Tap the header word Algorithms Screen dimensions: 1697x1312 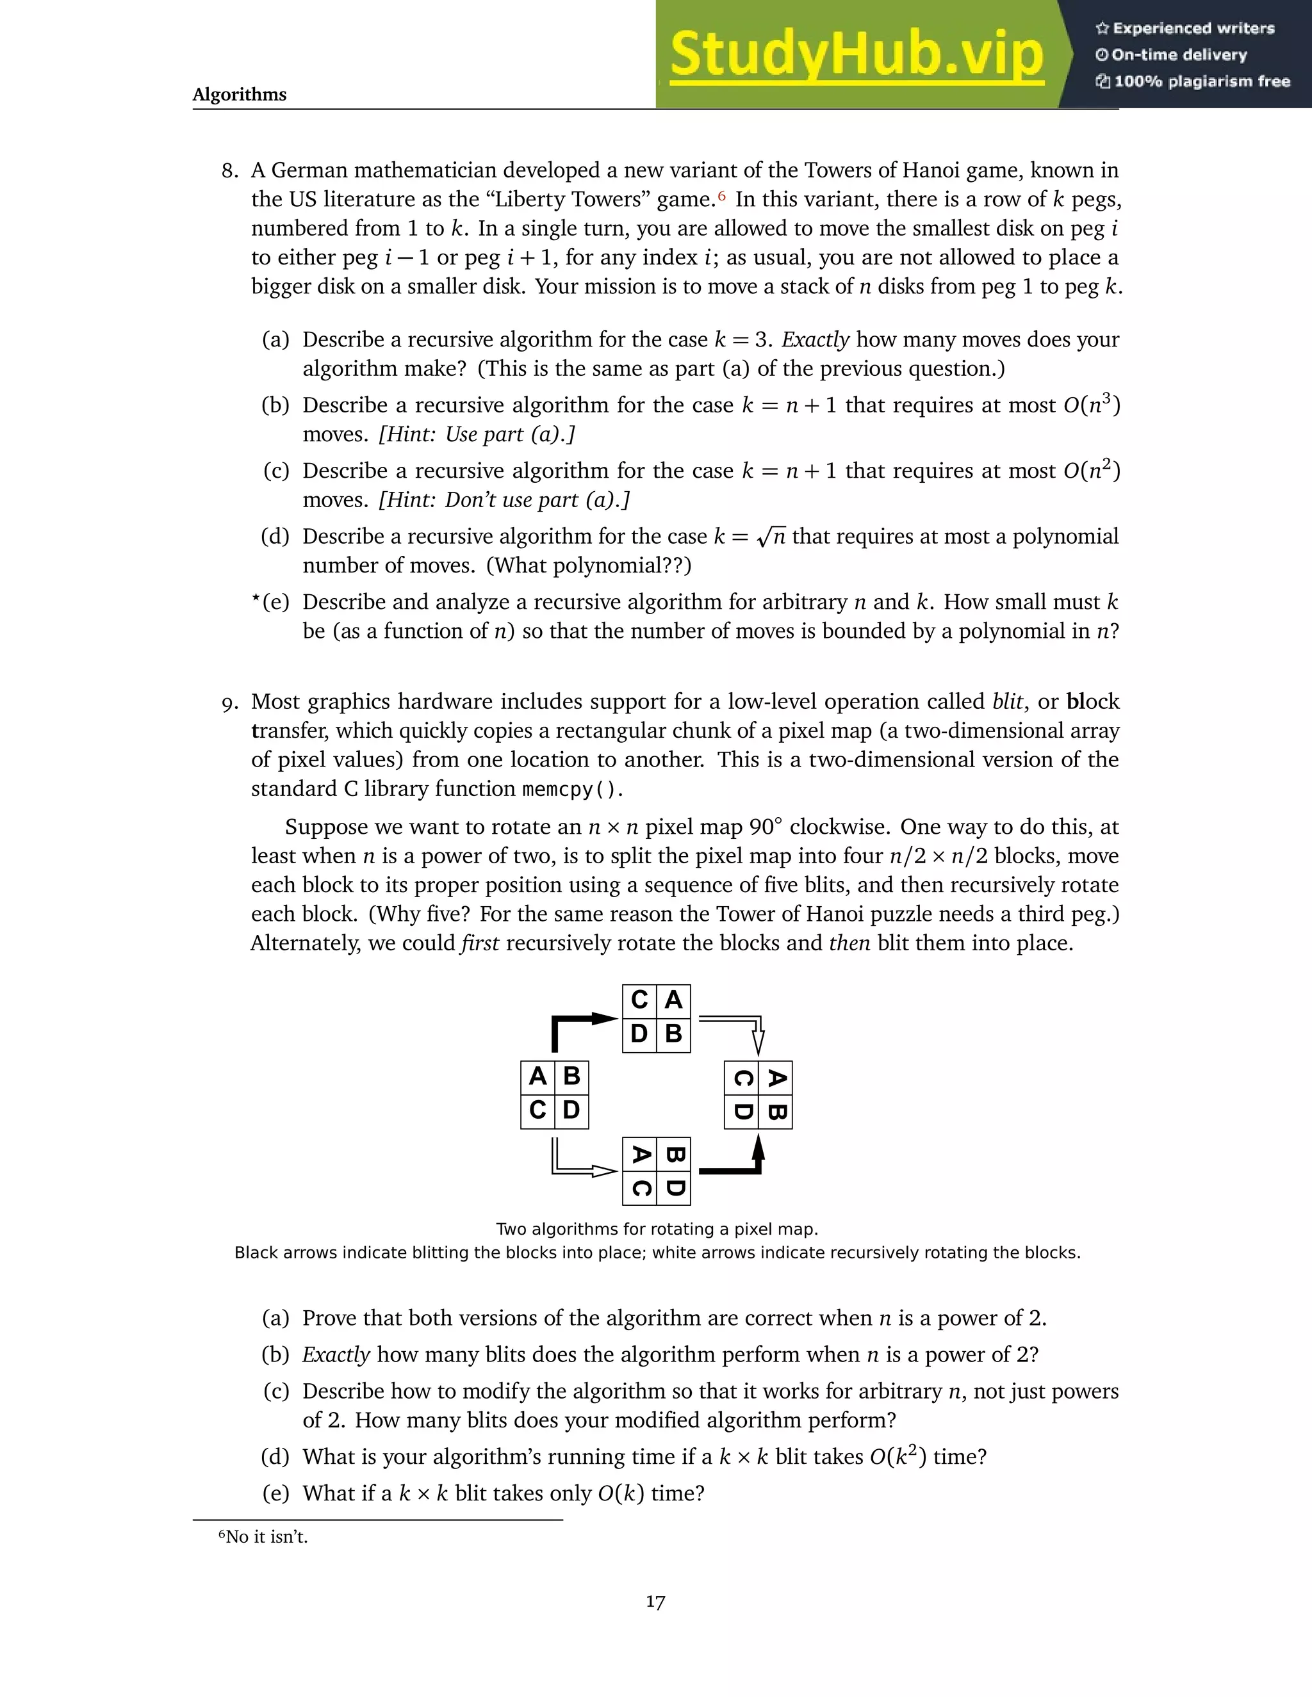(x=240, y=95)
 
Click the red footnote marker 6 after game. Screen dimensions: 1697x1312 (x=721, y=195)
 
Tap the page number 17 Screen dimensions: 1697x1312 (x=655, y=1602)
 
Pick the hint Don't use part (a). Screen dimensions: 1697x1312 (x=504, y=499)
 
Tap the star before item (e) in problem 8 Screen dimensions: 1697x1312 (x=255, y=599)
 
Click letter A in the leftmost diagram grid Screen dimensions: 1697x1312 (x=537, y=1076)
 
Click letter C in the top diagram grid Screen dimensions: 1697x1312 (x=639, y=1000)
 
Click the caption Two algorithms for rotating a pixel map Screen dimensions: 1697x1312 (x=657, y=1230)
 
